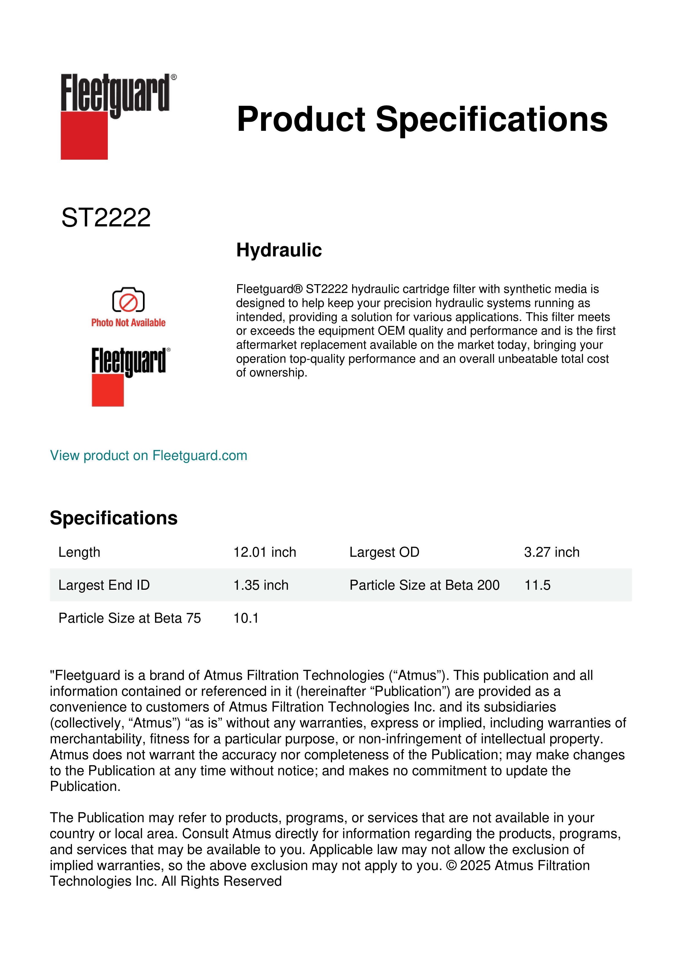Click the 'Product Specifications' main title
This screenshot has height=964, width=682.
[422, 119]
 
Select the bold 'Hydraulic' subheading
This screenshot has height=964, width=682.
[279, 250]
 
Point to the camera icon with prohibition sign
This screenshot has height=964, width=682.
[128, 300]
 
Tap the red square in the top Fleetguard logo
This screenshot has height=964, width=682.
[84, 136]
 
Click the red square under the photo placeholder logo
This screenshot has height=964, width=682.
[107, 390]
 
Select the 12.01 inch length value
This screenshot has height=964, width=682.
[264, 552]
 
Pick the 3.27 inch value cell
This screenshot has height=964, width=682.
[551, 552]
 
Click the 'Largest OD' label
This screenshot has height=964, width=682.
[384, 552]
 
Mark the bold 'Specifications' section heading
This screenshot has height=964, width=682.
[113, 518]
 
